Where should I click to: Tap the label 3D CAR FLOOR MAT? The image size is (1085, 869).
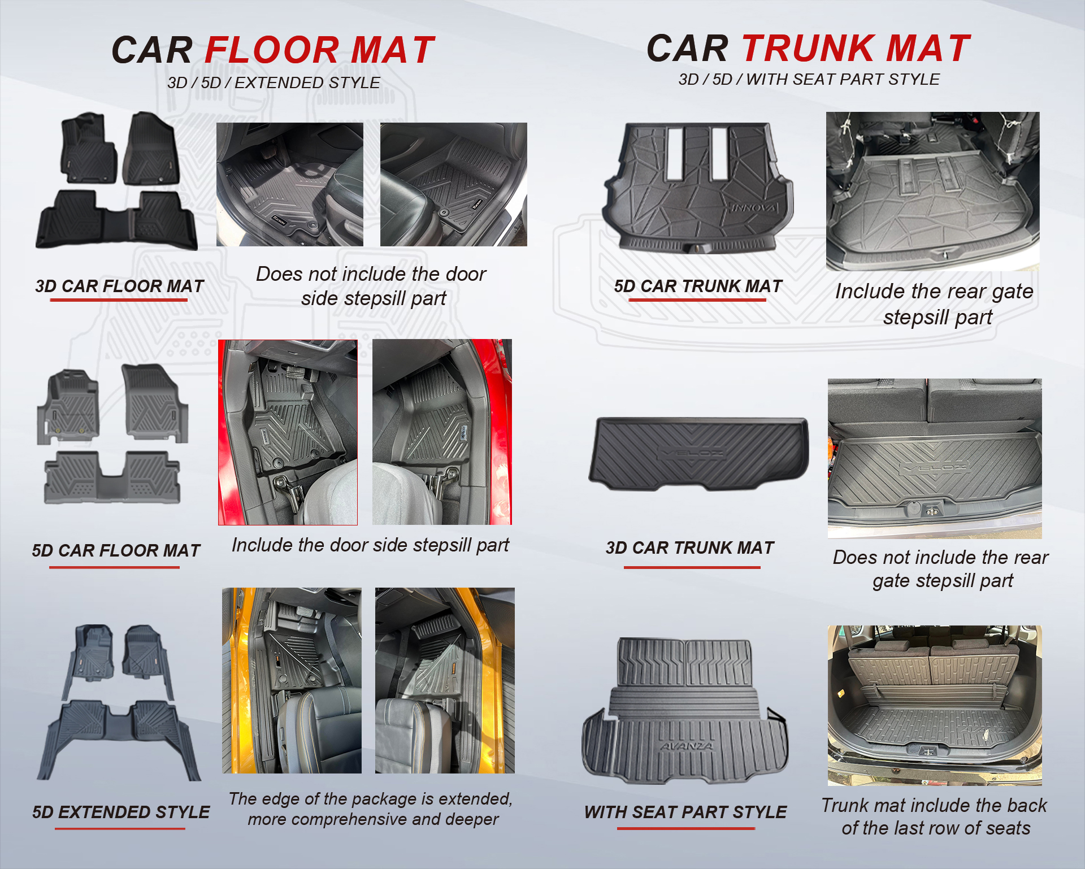click(119, 286)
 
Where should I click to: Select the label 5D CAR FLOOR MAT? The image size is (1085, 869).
click(116, 550)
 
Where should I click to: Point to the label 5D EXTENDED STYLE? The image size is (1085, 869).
click(121, 812)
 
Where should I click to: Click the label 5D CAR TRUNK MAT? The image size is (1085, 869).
click(698, 286)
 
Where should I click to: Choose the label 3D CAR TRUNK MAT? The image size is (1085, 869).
click(690, 548)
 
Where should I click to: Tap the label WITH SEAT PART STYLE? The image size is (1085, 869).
click(685, 812)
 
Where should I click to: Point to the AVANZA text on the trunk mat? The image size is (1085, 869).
click(687, 746)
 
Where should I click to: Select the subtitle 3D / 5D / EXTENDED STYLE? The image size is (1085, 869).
click(274, 83)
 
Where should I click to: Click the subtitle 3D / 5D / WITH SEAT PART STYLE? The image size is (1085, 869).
click(809, 80)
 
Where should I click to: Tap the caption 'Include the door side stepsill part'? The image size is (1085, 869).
click(371, 545)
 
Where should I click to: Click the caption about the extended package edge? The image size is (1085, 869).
click(371, 809)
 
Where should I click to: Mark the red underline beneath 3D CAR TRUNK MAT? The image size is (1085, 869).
click(692, 567)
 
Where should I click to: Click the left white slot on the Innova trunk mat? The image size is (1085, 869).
click(675, 154)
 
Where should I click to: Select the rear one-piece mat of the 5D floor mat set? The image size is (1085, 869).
click(112, 477)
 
